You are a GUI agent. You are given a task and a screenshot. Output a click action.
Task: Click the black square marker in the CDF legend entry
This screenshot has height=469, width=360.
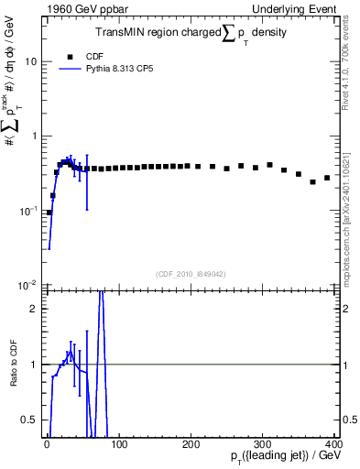pyautogui.click(x=71, y=56)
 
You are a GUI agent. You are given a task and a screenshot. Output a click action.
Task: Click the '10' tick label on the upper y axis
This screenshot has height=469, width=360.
pyautogui.click(x=32, y=61)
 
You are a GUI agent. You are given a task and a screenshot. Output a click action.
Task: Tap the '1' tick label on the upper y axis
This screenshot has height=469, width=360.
pyautogui.click(x=35, y=136)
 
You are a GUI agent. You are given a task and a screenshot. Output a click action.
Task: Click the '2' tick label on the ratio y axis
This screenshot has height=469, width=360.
pyautogui.click(x=35, y=309)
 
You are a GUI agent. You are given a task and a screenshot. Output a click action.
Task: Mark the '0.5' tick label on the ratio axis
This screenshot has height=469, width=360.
pyautogui.click(x=30, y=420)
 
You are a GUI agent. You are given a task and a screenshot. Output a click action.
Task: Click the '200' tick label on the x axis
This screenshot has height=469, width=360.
pyautogui.click(x=191, y=444)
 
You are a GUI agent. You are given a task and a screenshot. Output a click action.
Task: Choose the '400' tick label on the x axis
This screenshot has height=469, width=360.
pyautogui.click(x=333, y=444)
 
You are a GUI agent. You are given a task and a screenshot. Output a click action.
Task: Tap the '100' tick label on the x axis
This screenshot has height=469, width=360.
pyautogui.click(x=118, y=444)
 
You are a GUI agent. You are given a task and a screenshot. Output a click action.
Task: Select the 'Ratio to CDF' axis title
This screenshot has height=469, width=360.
pyautogui.click(x=13, y=364)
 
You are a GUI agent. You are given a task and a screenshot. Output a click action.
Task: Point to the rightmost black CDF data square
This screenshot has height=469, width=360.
pyautogui.click(x=327, y=178)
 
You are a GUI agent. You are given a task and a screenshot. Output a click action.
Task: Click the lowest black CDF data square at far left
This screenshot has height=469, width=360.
pyautogui.click(x=49, y=213)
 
